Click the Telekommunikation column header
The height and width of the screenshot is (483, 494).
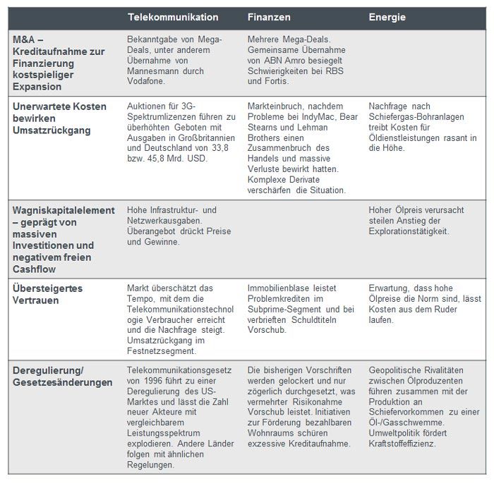173,17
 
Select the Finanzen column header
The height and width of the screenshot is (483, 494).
270,17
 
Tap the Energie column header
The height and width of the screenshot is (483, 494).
387,17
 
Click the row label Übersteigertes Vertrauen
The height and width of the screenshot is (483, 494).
45,295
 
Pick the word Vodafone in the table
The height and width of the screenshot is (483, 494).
147,81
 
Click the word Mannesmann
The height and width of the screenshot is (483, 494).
155,71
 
